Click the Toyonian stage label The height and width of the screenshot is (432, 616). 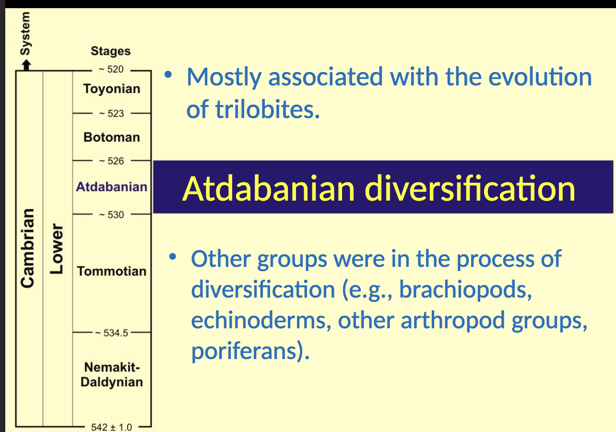111,89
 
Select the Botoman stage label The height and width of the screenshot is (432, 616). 112,137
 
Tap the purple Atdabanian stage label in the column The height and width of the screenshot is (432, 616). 112,187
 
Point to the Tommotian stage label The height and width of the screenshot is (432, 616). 112,271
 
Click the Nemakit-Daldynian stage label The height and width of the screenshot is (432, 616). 112,375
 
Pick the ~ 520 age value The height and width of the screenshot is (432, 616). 111,69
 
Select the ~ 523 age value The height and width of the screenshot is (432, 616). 111,114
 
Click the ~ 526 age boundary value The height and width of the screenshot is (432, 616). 111,161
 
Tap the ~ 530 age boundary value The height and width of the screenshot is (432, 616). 111,215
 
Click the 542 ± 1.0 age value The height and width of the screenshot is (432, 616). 111,427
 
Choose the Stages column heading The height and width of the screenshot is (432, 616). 111,51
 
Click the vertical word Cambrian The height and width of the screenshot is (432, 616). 28,248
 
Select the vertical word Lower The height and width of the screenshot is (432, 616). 57,249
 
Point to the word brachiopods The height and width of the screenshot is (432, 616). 465,289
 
